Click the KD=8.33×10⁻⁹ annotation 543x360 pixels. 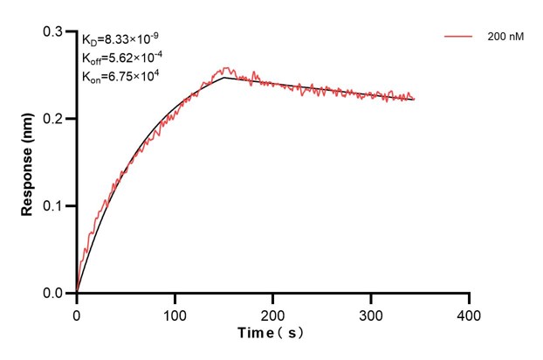tap(120, 39)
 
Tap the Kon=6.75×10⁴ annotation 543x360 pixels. tap(120, 76)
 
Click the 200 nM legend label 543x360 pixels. tap(505, 38)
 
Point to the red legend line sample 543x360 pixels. tap(459, 38)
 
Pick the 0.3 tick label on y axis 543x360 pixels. tap(54, 31)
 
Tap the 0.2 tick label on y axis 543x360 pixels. tap(54, 119)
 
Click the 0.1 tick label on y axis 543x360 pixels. tap(54, 206)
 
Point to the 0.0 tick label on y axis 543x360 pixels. tap(54, 294)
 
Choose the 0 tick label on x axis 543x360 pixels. tap(77, 313)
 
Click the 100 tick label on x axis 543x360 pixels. tap(175, 313)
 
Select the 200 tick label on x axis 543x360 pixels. tap(273, 313)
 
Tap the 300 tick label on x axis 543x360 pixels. tap(372, 313)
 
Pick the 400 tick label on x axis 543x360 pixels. tap(470, 313)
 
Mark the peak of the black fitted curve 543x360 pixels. tap(224, 78)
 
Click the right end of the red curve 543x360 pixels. tap(414, 99)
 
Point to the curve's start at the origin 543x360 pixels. tap(77, 293)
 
